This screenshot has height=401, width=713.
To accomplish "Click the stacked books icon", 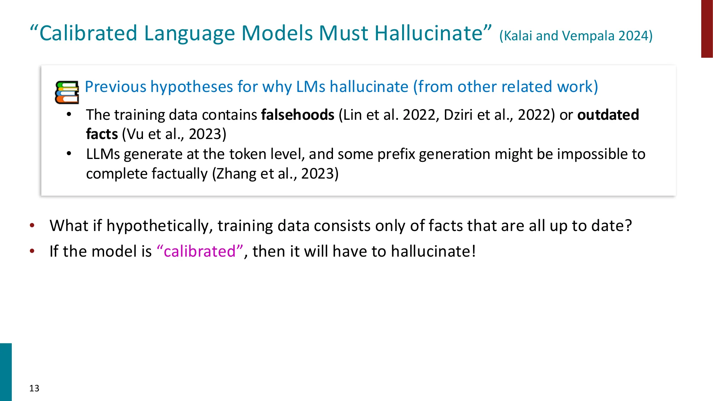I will coord(67,92).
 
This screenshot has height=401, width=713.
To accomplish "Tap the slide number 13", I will coord(34,388).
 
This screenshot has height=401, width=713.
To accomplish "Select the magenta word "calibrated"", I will coord(200,251).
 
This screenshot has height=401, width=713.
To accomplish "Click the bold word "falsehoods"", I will coord(298,115).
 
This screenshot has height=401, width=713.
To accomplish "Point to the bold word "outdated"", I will coord(608,115).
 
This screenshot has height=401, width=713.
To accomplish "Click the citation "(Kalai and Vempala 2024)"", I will coord(576,36).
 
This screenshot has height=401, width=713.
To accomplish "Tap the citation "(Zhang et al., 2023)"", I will coord(275,174).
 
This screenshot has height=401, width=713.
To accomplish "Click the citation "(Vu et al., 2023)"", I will coord(174,134).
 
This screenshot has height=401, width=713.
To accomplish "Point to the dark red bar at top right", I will coord(707,29).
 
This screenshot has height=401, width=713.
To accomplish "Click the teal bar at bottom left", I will coord(6,372).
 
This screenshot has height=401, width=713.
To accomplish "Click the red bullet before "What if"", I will coord(32,225).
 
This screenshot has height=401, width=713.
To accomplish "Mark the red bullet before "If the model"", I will coord(32,251).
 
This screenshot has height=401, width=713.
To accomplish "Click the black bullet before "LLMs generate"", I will coord(69,154).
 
